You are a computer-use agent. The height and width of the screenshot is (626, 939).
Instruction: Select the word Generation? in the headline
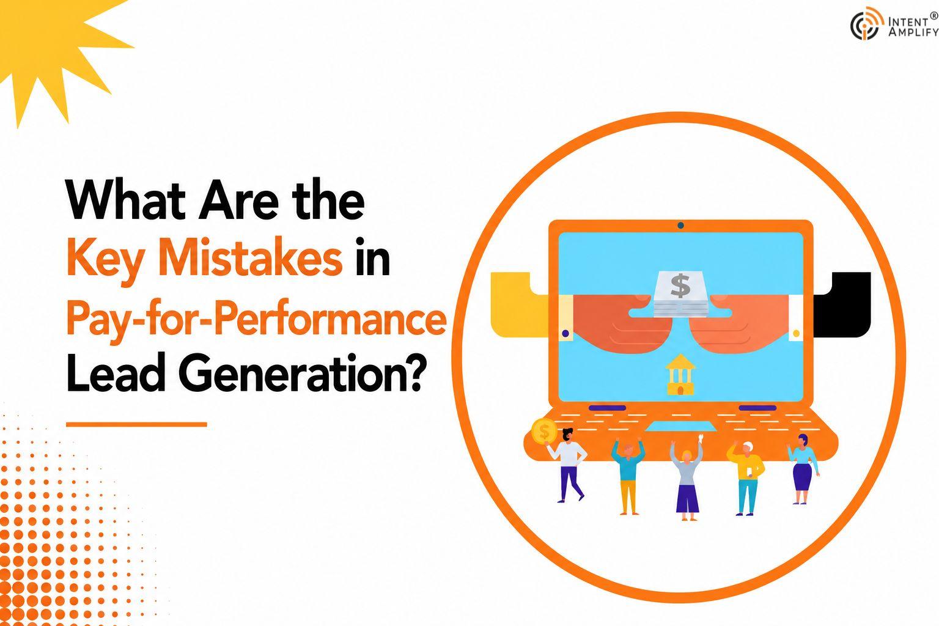point(300,373)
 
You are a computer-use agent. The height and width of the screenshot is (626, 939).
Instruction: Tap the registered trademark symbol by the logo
point(934,15)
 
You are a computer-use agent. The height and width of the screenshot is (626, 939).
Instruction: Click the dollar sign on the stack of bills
point(680,285)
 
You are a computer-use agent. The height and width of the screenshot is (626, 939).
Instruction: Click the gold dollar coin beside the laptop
point(543,431)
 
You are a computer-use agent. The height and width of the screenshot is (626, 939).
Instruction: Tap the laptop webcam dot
point(681,226)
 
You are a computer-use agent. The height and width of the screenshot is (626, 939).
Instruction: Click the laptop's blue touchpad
point(680,427)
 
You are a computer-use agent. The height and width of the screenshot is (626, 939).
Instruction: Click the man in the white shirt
point(567,465)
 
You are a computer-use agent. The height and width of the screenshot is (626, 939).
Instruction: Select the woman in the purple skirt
point(803,469)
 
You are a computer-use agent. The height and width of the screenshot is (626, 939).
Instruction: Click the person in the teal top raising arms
point(628,476)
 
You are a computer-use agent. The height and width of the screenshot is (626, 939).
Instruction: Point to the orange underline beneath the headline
point(137,425)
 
